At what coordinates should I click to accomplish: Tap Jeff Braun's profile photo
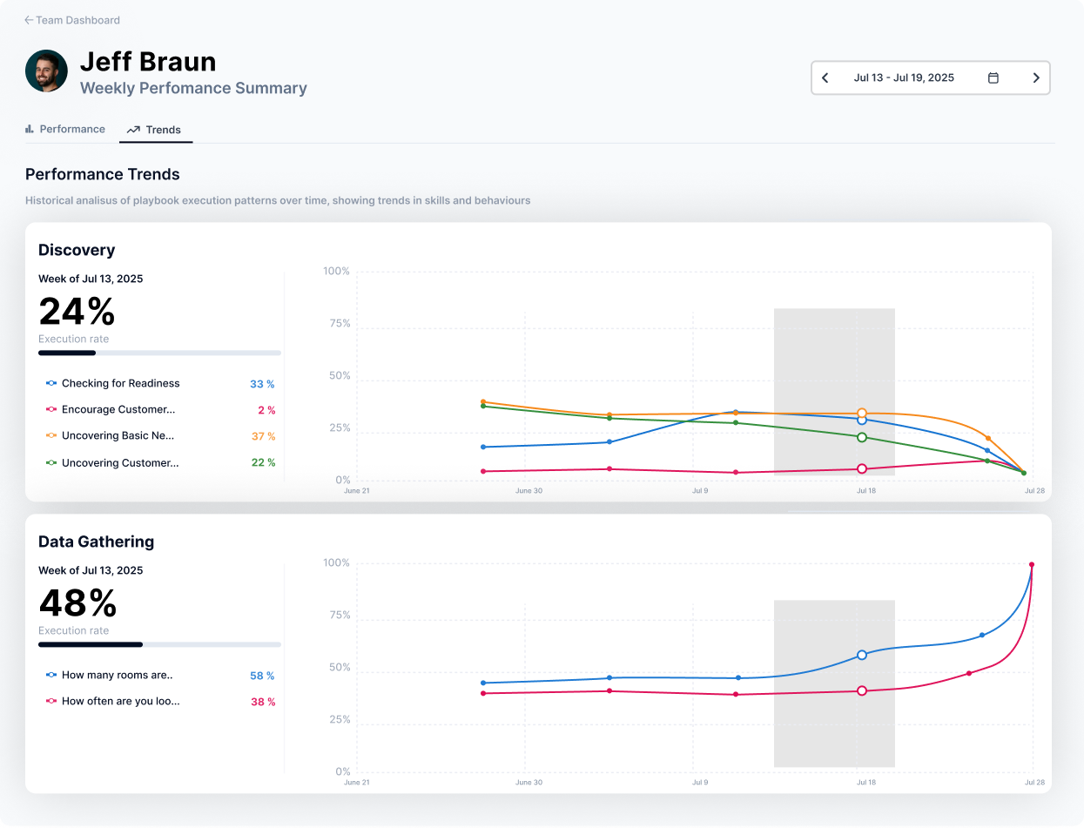[x=47, y=71]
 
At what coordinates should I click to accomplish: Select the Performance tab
[x=65, y=129]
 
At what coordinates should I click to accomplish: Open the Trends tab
[x=155, y=130]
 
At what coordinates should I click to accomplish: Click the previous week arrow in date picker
[x=825, y=77]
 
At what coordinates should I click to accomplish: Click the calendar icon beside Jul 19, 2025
[x=993, y=77]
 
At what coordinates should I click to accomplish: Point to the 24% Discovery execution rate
[x=77, y=311]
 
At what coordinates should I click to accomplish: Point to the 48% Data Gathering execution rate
[x=77, y=602]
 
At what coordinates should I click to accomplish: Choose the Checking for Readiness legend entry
[x=120, y=383]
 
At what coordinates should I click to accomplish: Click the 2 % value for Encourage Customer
[x=266, y=410]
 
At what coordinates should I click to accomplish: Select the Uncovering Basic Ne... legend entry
[x=118, y=435]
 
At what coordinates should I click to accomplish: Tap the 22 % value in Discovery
[x=263, y=462]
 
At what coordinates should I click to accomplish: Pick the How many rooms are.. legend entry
[x=117, y=675]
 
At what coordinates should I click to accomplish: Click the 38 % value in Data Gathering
[x=263, y=702]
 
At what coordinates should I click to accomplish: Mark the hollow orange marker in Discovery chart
[x=862, y=414]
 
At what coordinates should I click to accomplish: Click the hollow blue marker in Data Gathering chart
[x=862, y=655]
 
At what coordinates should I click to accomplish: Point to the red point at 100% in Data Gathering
[x=1032, y=564]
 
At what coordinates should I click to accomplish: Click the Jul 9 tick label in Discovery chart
[x=699, y=490]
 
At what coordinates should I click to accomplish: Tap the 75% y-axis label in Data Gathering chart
[x=337, y=616]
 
